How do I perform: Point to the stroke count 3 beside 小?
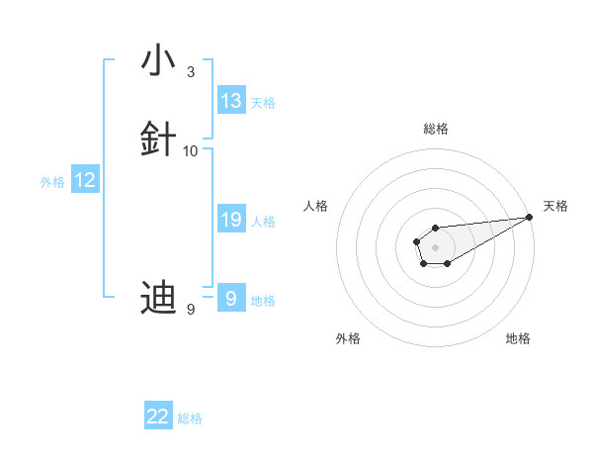tap(191, 72)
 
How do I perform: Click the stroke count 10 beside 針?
tap(191, 151)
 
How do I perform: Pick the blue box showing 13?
tap(231, 101)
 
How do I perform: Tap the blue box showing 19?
tap(231, 220)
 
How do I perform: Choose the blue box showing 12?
tap(85, 180)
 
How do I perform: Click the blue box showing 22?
tap(158, 417)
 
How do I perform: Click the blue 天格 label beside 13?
tap(263, 103)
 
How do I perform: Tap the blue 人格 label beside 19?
tap(263, 222)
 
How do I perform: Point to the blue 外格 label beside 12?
tap(52, 182)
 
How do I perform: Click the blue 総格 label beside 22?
tap(190, 418)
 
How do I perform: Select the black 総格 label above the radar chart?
tap(436, 129)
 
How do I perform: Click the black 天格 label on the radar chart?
tap(555, 206)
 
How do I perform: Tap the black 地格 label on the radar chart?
tap(518, 338)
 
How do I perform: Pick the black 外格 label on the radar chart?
tap(348, 338)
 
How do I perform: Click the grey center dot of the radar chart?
tap(435, 246)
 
